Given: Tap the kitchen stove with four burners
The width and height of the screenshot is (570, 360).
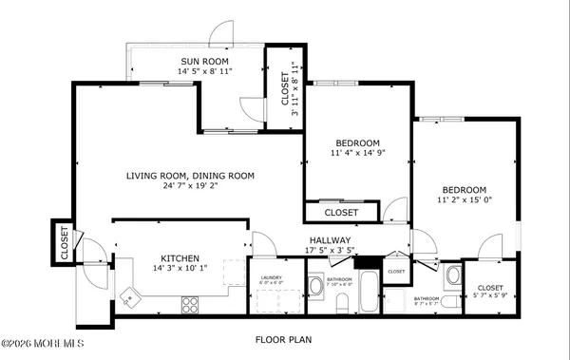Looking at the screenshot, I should click(190, 305).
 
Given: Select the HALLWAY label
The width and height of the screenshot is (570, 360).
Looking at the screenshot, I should click(330, 240).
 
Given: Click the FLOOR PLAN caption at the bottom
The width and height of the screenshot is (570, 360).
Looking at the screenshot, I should click(284, 339).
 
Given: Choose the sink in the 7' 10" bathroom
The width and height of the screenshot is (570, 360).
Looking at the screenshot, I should click(315, 284).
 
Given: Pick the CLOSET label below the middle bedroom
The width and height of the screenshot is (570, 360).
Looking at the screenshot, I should click(341, 212).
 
